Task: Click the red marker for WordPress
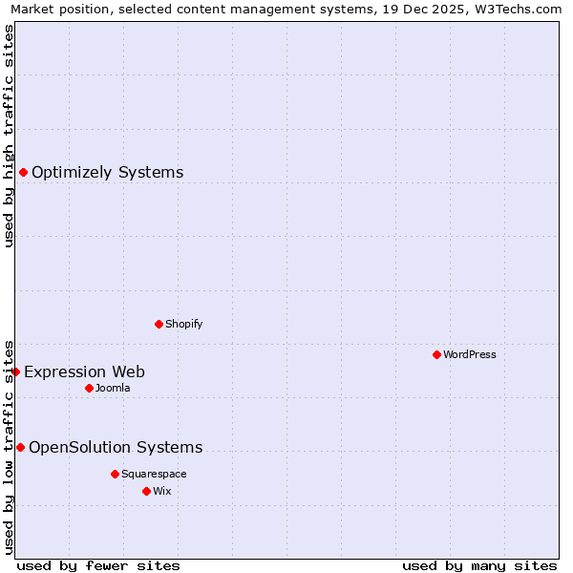pos(436,355)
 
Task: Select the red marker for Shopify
pos(159,324)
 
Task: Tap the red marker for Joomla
pos(89,388)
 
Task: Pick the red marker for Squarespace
pos(115,474)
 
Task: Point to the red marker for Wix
pos(146,491)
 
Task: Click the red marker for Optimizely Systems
pos(23,173)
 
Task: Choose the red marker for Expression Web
pos(15,371)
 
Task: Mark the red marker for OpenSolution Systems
pos(20,447)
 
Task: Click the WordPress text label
pos(470,355)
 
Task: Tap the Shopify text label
pos(184,324)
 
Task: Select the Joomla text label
pos(113,388)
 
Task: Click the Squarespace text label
pos(154,474)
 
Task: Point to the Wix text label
pos(162,491)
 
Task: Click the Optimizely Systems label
pos(108,173)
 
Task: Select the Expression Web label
pos(85,371)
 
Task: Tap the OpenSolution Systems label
pos(116,447)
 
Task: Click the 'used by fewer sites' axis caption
pos(98,565)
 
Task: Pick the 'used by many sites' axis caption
pos(479,565)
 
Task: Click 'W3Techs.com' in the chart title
pos(520,10)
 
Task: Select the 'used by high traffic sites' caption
pos(10,136)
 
